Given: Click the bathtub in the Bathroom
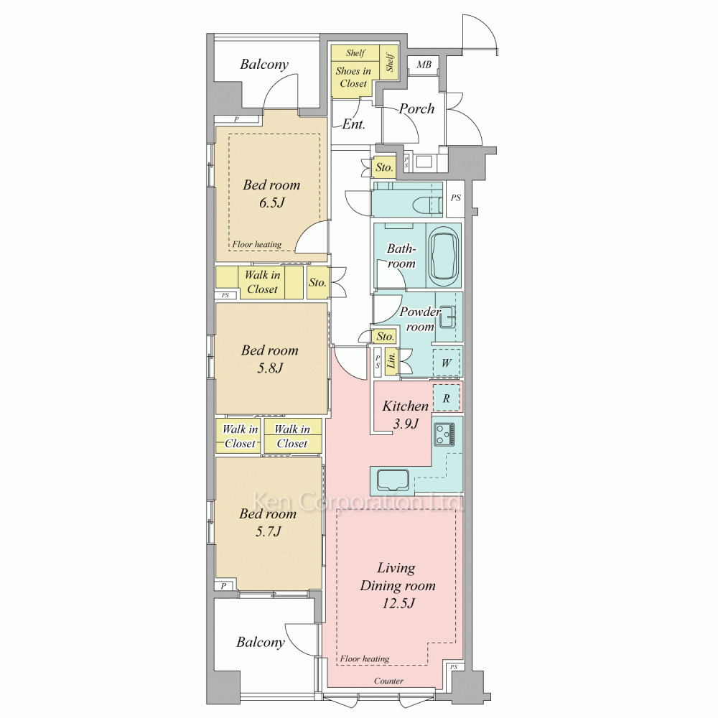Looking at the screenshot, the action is click(x=444, y=256).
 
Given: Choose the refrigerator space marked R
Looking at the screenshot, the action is click(x=447, y=398).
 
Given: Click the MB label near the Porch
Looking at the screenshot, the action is click(x=424, y=65).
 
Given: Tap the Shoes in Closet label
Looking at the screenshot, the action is click(x=353, y=77).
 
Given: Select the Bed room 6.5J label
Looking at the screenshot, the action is click(x=271, y=193).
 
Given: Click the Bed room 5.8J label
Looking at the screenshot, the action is click(x=270, y=358).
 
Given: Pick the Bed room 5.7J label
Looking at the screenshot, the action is click(x=268, y=522).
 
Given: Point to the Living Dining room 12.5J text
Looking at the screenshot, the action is click(x=398, y=585).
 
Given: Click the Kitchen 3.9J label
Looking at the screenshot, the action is click(x=406, y=414).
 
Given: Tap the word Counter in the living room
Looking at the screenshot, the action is click(x=388, y=681).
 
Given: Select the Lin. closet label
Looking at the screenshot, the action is click(x=391, y=360).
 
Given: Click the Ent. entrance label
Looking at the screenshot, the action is click(x=353, y=123).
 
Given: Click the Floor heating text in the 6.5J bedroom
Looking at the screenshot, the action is click(x=256, y=245).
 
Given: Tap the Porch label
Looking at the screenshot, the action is click(x=416, y=109).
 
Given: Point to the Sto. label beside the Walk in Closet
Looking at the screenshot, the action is click(x=317, y=282).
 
